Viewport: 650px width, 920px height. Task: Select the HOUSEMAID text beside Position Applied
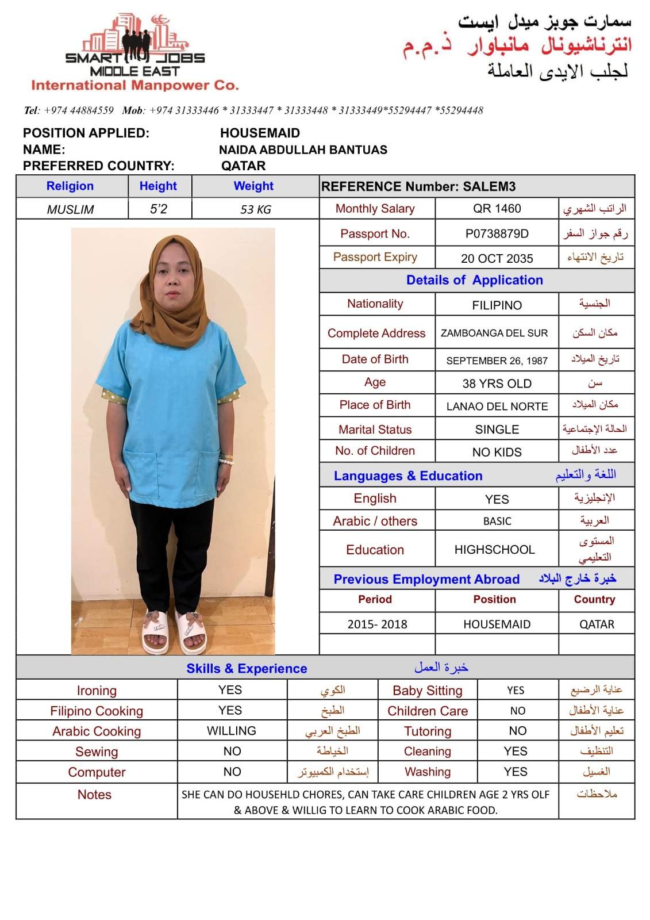point(260,133)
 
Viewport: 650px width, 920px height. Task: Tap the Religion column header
point(70,186)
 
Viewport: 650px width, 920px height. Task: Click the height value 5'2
point(159,209)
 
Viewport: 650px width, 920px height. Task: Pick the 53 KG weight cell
point(255,209)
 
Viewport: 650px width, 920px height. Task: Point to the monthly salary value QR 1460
point(497,208)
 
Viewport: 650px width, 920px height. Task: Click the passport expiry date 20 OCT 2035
point(497,258)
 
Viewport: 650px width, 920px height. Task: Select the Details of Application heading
point(474,280)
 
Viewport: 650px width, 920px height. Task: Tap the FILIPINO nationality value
point(497,305)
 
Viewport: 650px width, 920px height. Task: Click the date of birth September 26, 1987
point(497,361)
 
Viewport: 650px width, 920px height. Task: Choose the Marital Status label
point(375,430)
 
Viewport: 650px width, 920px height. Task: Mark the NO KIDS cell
point(497,452)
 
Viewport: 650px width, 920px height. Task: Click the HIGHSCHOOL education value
point(494,550)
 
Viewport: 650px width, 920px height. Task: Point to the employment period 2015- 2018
point(377,624)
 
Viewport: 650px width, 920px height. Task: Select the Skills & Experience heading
point(247,668)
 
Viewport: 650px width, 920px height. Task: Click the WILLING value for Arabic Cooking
point(232,731)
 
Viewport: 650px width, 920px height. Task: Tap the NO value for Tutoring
point(517,731)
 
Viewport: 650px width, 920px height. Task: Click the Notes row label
point(94,795)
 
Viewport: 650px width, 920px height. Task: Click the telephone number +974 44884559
point(78,110)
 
